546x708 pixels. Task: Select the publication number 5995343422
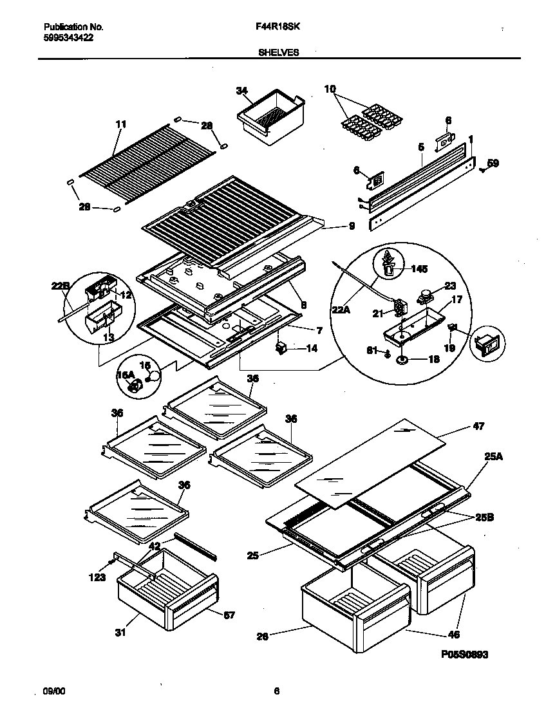[68, 38]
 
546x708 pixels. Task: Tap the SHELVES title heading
[278, 53]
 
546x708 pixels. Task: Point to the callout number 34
[241, 91]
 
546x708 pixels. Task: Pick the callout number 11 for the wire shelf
[120, 124]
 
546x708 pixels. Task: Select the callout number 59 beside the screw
[493, 163]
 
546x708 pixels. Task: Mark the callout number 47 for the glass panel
[478, 426]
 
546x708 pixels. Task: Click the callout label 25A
[493, 456]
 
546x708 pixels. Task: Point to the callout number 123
[97, 577]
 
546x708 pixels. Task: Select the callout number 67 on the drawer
[229, 615]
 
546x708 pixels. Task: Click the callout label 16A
[126, 374]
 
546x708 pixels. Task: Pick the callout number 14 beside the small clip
[312, 349]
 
